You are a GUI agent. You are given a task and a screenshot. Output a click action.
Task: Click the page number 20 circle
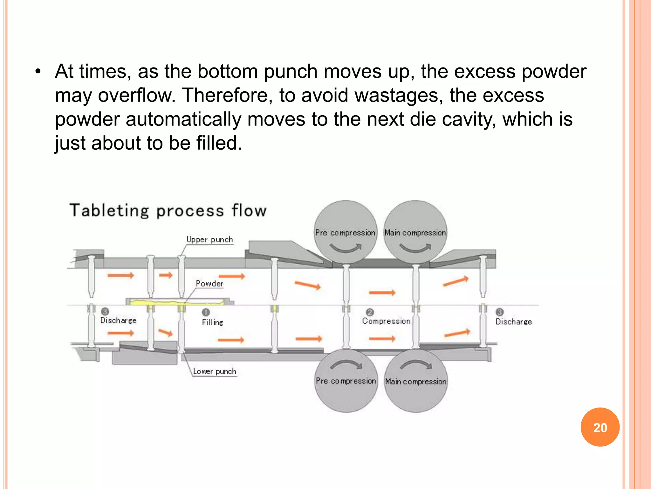(600, 427)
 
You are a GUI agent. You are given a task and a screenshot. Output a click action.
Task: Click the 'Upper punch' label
(209, 239)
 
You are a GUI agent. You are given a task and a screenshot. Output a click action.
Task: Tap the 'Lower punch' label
(215, 371)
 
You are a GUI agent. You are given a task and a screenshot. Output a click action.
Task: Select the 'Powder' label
(209, 283)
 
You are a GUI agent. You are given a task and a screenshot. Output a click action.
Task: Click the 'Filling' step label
(212, 322)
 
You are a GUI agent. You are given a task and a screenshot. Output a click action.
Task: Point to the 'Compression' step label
(386, 321)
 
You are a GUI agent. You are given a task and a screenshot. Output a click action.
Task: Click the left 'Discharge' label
(118, 320)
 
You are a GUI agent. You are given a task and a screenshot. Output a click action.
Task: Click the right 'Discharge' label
(513, 322)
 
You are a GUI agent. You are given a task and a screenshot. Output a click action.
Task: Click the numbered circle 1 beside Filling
(206, 312)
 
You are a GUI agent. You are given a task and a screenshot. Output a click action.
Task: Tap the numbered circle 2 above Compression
(370, 312)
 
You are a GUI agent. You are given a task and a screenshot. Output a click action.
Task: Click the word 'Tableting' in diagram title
(109, 210)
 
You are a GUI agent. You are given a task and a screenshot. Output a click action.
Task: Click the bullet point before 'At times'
(38, 72)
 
